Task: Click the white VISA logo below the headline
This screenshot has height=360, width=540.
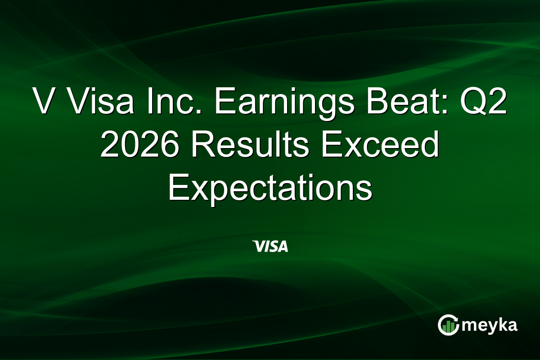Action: click(270, 246)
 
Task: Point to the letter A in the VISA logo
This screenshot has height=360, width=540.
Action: click(283, 246)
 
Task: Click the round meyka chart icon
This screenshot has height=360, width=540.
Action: click(448, 325)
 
